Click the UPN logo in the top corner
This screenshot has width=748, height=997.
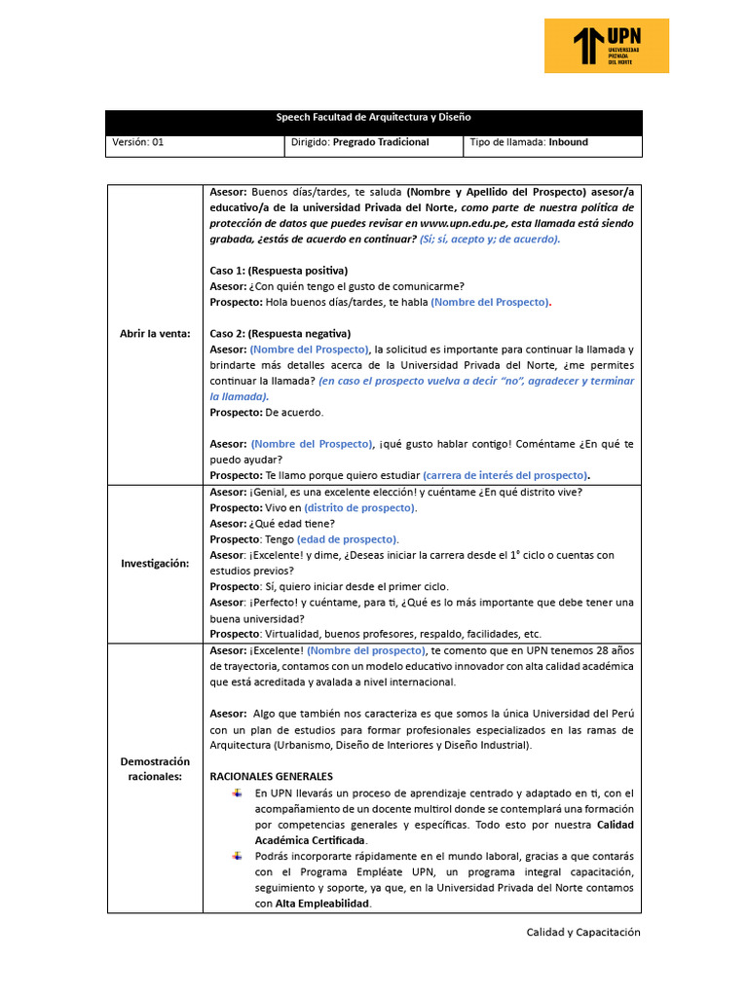click(x=606, y=46)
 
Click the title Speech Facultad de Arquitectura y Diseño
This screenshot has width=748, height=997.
click(x=373, y=118)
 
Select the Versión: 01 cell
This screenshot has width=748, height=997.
click(x=138, y=142)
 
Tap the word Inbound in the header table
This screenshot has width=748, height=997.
click(x=568, y=142)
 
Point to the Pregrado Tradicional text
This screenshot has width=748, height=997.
click(x=381, y=142)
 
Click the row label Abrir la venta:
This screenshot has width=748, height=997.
click(x=155, y=333)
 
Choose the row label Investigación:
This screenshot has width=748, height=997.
click(x=155, y=563)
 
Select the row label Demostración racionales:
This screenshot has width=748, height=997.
click(x=155, y=768)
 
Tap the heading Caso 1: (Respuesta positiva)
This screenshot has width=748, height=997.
click(x=279, y=270)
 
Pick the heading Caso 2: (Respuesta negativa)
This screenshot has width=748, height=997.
click(x=280, y=333)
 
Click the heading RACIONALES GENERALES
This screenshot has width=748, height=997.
click(x=272, y=776)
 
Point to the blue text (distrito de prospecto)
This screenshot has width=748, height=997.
click(x=360, y=507)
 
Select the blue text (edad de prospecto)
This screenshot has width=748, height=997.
click(x=348, y=538)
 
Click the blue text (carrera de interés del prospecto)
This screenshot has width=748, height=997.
click(x=506, y=475)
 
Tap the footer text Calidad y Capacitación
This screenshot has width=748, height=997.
click(x=583, y=932)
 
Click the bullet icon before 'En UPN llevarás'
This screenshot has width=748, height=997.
click(x=236, y=793)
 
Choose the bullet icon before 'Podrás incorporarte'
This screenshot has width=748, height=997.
click(x=236, y=856)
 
